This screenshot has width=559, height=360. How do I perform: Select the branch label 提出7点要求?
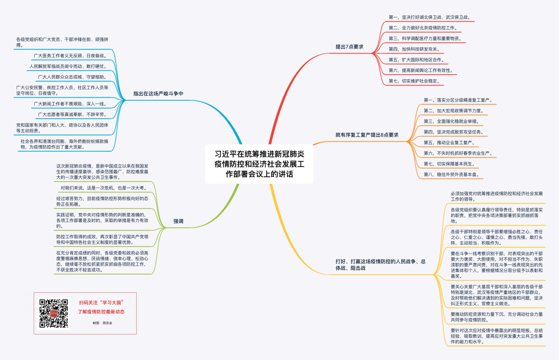pos(349,47)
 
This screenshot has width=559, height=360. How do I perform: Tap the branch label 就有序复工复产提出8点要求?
pos(366,135)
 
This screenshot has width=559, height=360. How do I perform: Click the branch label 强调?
pos(178,221)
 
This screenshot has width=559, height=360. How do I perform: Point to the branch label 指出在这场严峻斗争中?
pos(158,93)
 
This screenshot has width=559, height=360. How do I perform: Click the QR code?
pos(54,313)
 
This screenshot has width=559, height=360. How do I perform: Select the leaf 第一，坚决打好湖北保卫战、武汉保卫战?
pos(429,17)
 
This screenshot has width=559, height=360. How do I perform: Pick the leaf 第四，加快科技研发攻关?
pos(414,49)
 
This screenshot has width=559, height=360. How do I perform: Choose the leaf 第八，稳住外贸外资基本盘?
pos(451,175)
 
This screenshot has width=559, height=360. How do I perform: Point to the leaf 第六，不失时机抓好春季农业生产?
pos(458,153)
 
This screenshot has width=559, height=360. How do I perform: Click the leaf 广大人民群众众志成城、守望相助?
pos(72,77)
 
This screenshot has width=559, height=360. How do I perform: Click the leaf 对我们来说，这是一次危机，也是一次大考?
pos(103,188)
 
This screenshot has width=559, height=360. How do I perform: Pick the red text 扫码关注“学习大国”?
pos(102,302)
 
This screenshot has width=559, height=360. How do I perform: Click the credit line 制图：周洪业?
pos(102,323)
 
